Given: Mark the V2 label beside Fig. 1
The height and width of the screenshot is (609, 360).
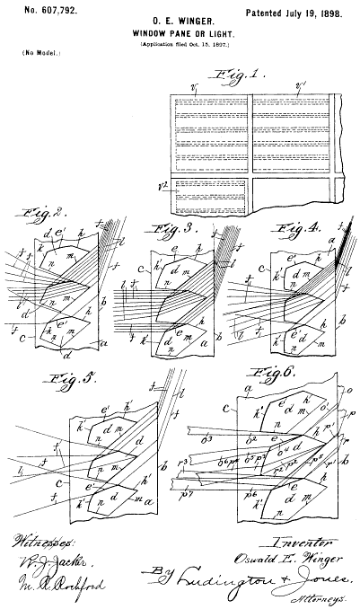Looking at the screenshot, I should click(x=162, y=189).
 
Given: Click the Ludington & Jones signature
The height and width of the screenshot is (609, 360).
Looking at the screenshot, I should click(x=269, y=579).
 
